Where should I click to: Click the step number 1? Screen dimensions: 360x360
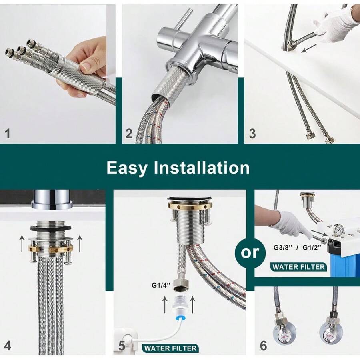(x=7, y=133)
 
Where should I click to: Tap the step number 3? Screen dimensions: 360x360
(x=252, y=133)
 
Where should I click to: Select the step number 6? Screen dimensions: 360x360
(x=263, y=345)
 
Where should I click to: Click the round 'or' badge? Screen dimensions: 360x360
(x=250, y=252)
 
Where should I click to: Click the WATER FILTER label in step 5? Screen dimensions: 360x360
(x=170, y=348)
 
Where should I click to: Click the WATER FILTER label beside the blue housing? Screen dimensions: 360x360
(x=299, y=266)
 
